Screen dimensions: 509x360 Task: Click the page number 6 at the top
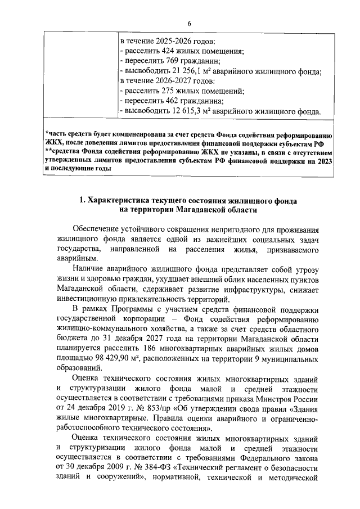click(189, 22)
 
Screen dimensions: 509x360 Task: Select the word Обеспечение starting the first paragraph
click(101, 229)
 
